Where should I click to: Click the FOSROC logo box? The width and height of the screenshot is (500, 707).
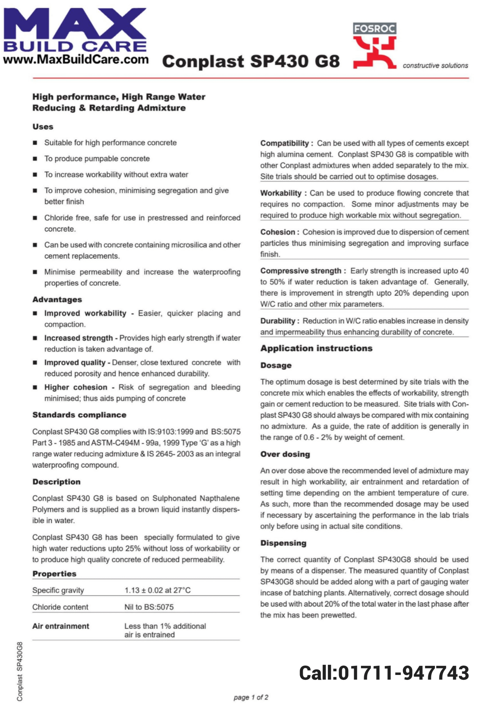point(374,29)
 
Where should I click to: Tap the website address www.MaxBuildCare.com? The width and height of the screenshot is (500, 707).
point(76,59)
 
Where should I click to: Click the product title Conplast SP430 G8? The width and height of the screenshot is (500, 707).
point(251,61)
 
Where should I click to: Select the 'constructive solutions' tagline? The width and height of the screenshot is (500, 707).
point(435,66)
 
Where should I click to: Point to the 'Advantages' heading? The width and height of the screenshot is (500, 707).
point(57,299)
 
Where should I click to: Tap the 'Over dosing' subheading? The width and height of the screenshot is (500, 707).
point(285,454)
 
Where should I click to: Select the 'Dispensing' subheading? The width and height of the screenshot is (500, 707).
point(283,543)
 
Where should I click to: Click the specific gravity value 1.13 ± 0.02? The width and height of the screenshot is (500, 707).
point(157,590)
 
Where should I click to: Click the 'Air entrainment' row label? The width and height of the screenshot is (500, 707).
point(61,626)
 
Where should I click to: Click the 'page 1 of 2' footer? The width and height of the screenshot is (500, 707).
point(251,697)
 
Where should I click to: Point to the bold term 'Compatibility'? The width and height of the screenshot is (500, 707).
point(285,143)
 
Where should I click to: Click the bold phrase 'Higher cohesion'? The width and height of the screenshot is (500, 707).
point(76,387)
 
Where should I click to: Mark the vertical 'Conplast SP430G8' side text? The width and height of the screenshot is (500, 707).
point(20,672)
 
